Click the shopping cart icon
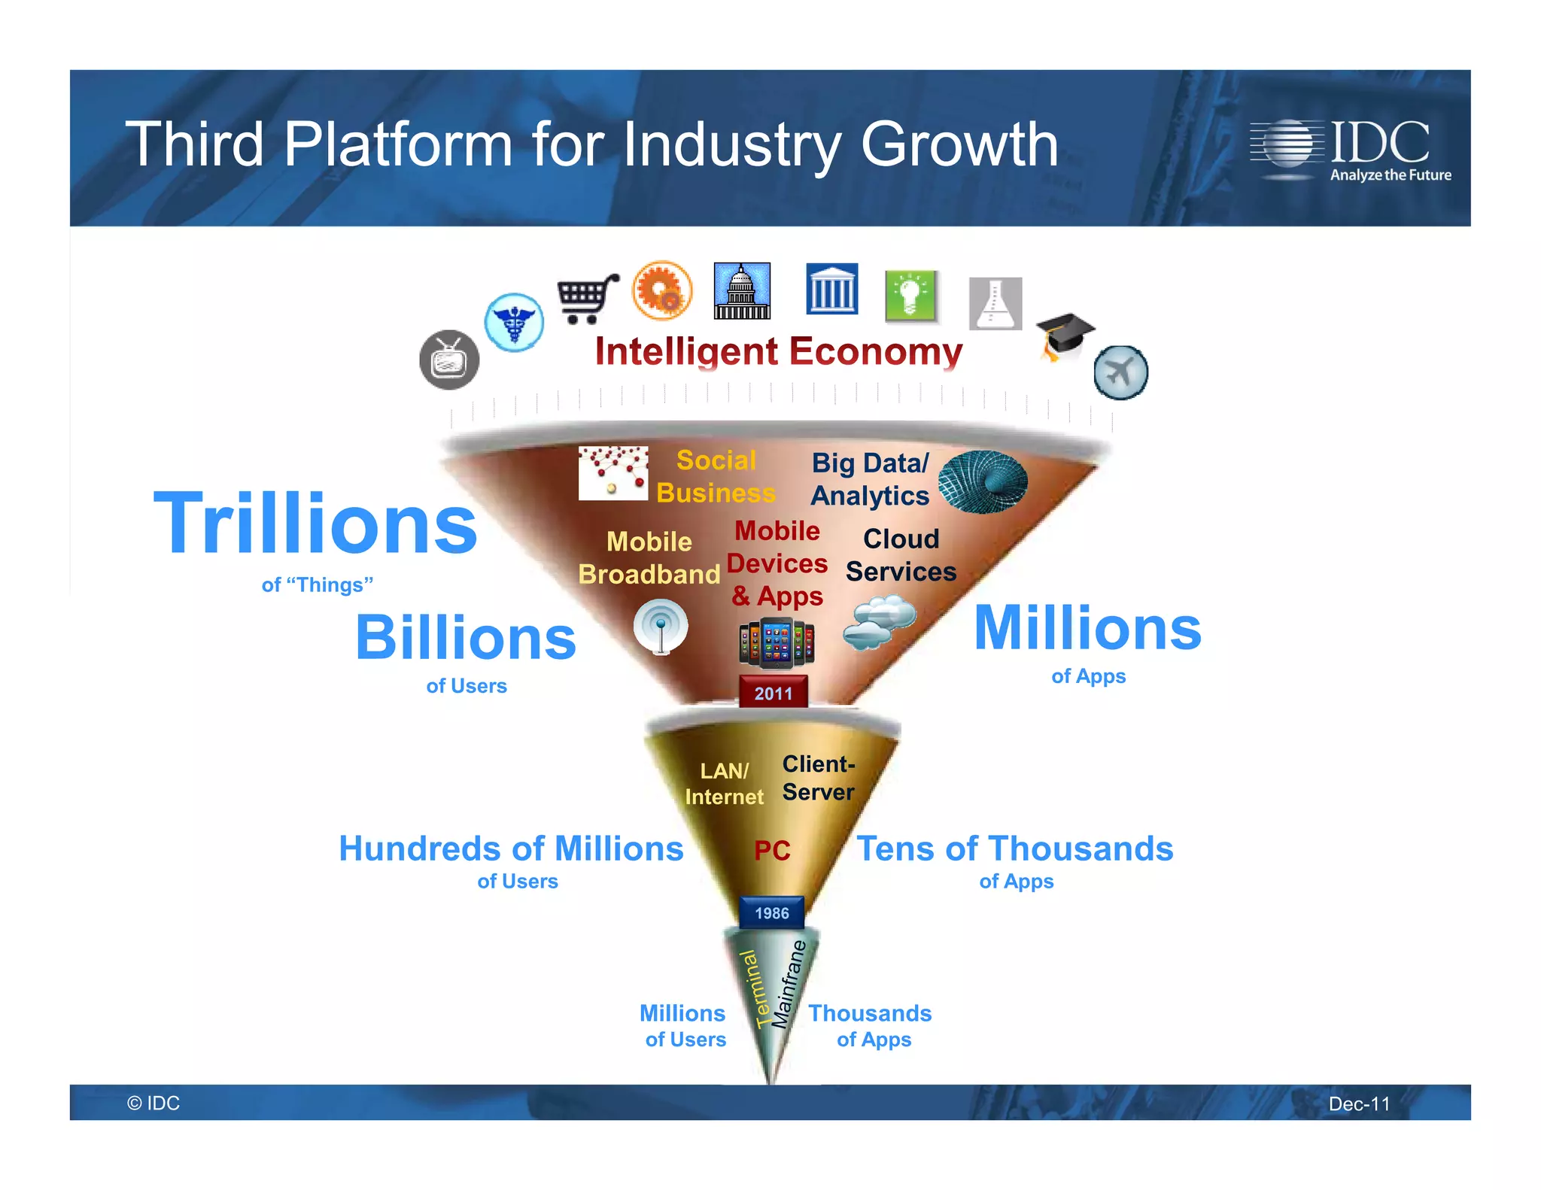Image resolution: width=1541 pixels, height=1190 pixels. [x=586, y=299]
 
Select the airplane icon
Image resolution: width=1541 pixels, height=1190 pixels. [x=1120, y=372]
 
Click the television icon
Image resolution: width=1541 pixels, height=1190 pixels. [x=449, y=360]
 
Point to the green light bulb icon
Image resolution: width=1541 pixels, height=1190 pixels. [x=910, y=296]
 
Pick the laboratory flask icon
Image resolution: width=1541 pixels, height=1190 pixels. [x=995, y=303]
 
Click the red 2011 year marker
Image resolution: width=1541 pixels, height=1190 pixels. [x=774, y=693]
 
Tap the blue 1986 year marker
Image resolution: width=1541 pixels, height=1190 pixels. [x=772, y=913]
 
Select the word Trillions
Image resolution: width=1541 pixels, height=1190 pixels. [x=315, y=524]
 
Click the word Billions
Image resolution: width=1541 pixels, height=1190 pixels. [x=466, y=639]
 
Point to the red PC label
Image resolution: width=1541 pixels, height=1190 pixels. [x=772, y=851]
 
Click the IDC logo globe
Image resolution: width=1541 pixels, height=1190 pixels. [x=1287, y=143]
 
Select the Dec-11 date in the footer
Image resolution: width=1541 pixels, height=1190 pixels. [x=1359, y=1103]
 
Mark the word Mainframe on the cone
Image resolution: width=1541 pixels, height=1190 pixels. [x=789, y=984]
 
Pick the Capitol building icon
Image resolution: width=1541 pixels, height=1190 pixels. [x=742, y=291]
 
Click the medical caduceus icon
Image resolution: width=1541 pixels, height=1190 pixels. [x=514, y=322]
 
